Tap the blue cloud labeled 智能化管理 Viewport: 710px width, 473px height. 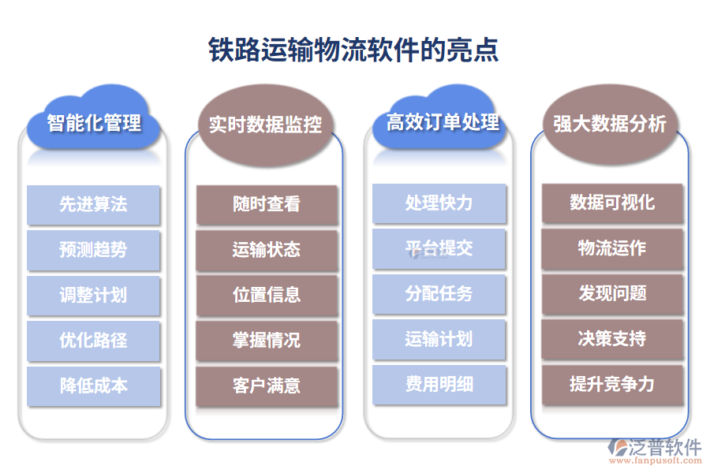(x=94, y=123)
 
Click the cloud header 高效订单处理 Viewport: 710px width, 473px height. (x=443, y=122)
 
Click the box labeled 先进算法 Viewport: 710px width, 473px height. (x=94, y=205)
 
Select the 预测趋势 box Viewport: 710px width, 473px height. (x=94, y=250)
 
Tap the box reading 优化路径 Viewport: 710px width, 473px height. (x=94, y=341)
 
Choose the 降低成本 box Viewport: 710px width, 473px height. (x=94, y=386)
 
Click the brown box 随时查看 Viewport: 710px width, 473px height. (x=267, y=205)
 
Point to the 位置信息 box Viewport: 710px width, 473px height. (x=267, y=295)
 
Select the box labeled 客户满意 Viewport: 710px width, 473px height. (x=267, y=386)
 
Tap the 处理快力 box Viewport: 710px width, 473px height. (x=439, y=203)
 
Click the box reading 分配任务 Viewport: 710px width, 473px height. (x=439, y=294)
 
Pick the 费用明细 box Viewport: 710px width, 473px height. (x=439, y=384)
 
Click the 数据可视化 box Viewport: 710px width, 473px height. (x=612, y=203)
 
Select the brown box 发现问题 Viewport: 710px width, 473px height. (x=612, y=293)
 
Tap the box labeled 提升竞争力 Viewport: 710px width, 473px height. (x=612, y=384)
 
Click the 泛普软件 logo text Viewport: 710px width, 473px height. (x=664, y=448)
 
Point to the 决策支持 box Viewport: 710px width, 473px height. (x=612, y=339)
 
